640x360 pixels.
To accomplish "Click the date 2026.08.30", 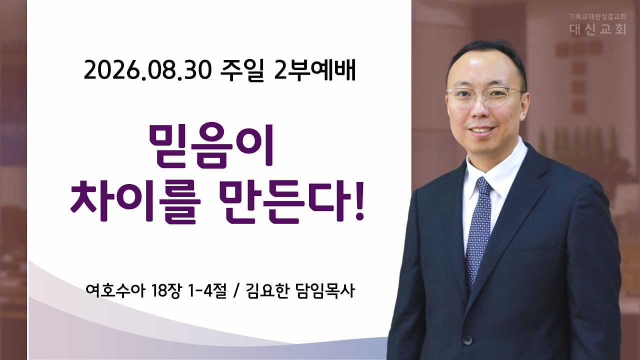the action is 147,71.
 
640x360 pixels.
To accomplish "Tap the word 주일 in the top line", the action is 241,71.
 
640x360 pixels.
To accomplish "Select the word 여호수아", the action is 115,291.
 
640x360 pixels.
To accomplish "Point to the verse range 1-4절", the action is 207,291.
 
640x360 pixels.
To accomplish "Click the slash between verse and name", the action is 236,291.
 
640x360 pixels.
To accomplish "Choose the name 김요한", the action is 267,291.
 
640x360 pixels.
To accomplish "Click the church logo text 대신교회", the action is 597,29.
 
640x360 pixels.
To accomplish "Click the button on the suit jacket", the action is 467,340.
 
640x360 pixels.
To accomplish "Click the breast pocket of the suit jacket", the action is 531,251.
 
